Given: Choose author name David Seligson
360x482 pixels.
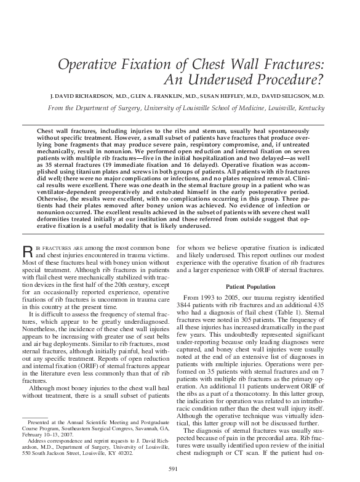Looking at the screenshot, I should tap(285, 97).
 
